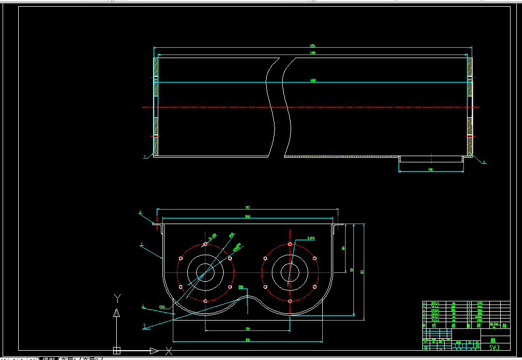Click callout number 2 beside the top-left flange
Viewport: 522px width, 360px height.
(140, 212)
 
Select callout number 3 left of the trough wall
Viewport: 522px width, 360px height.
(141, 244)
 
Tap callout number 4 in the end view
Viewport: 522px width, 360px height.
(143, 307)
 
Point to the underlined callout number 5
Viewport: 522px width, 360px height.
(145, 326)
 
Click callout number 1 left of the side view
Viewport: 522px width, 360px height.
(145, 156)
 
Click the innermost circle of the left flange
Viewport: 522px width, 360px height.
(205, 271)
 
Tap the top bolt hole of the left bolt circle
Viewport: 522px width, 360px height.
(205, 244)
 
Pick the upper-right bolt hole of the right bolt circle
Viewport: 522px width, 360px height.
(314, 258)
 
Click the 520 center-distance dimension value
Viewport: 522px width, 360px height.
(248, 329)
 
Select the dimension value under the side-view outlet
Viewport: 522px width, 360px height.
(431, 169)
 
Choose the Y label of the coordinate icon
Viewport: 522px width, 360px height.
(117, 297)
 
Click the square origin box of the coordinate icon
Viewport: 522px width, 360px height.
(117, 350)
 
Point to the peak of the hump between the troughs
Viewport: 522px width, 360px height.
(248, 297)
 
